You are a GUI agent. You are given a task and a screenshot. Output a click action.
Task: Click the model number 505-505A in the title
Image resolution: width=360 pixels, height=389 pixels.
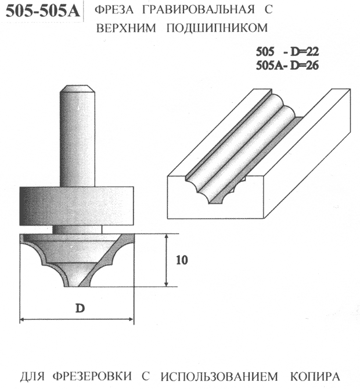(x=42, y=11)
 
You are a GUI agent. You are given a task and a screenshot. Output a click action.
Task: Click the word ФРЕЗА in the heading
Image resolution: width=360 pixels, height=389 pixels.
(x=114, y=10)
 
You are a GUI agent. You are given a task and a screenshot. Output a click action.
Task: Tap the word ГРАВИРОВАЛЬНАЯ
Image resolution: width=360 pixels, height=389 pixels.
(x=199, y=10)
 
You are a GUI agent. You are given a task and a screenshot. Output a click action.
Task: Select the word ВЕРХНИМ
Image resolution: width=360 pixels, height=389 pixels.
(x=126, y=28)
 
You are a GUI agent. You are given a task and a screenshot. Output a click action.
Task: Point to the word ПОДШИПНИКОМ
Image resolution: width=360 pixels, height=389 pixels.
(x=217, y=28)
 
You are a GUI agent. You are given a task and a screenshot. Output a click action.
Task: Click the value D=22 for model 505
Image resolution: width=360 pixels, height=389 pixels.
(x=305, y=52)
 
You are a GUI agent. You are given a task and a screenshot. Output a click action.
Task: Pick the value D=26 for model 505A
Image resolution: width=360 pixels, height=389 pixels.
(x=304, y=66)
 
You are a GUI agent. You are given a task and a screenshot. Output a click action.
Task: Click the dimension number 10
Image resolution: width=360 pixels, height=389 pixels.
(x=182, y=260)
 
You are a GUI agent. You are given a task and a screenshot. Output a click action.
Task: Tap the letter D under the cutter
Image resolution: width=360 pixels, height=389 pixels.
(x=80, y=308)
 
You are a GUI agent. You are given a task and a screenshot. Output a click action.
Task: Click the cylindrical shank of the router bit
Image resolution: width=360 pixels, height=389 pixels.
(x=77, y=136)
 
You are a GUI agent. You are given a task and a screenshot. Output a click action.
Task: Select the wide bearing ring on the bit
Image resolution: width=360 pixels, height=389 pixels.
(x=77, y=206)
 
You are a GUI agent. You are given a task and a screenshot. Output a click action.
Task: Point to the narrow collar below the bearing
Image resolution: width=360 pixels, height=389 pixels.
(x=77, y=229)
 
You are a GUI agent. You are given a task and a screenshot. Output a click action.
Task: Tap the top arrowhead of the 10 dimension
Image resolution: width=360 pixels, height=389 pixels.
(x=167, y=236)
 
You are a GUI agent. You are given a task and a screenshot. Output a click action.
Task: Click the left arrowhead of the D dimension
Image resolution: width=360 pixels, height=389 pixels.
(x=23, y=319)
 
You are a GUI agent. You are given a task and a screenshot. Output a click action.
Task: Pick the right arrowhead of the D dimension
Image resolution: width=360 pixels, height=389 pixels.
(x=131, y=319)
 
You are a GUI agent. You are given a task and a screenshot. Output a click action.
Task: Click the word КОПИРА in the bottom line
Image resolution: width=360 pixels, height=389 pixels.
(x=315, y=377)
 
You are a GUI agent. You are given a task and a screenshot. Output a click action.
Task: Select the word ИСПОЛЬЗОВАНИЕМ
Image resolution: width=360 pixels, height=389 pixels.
(x=219, y=377)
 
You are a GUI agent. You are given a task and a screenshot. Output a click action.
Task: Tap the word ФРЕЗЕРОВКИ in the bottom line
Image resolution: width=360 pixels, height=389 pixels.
(x=92, y=377)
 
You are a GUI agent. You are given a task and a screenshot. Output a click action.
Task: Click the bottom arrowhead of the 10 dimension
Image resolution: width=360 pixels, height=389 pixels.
(x=167, y=284)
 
